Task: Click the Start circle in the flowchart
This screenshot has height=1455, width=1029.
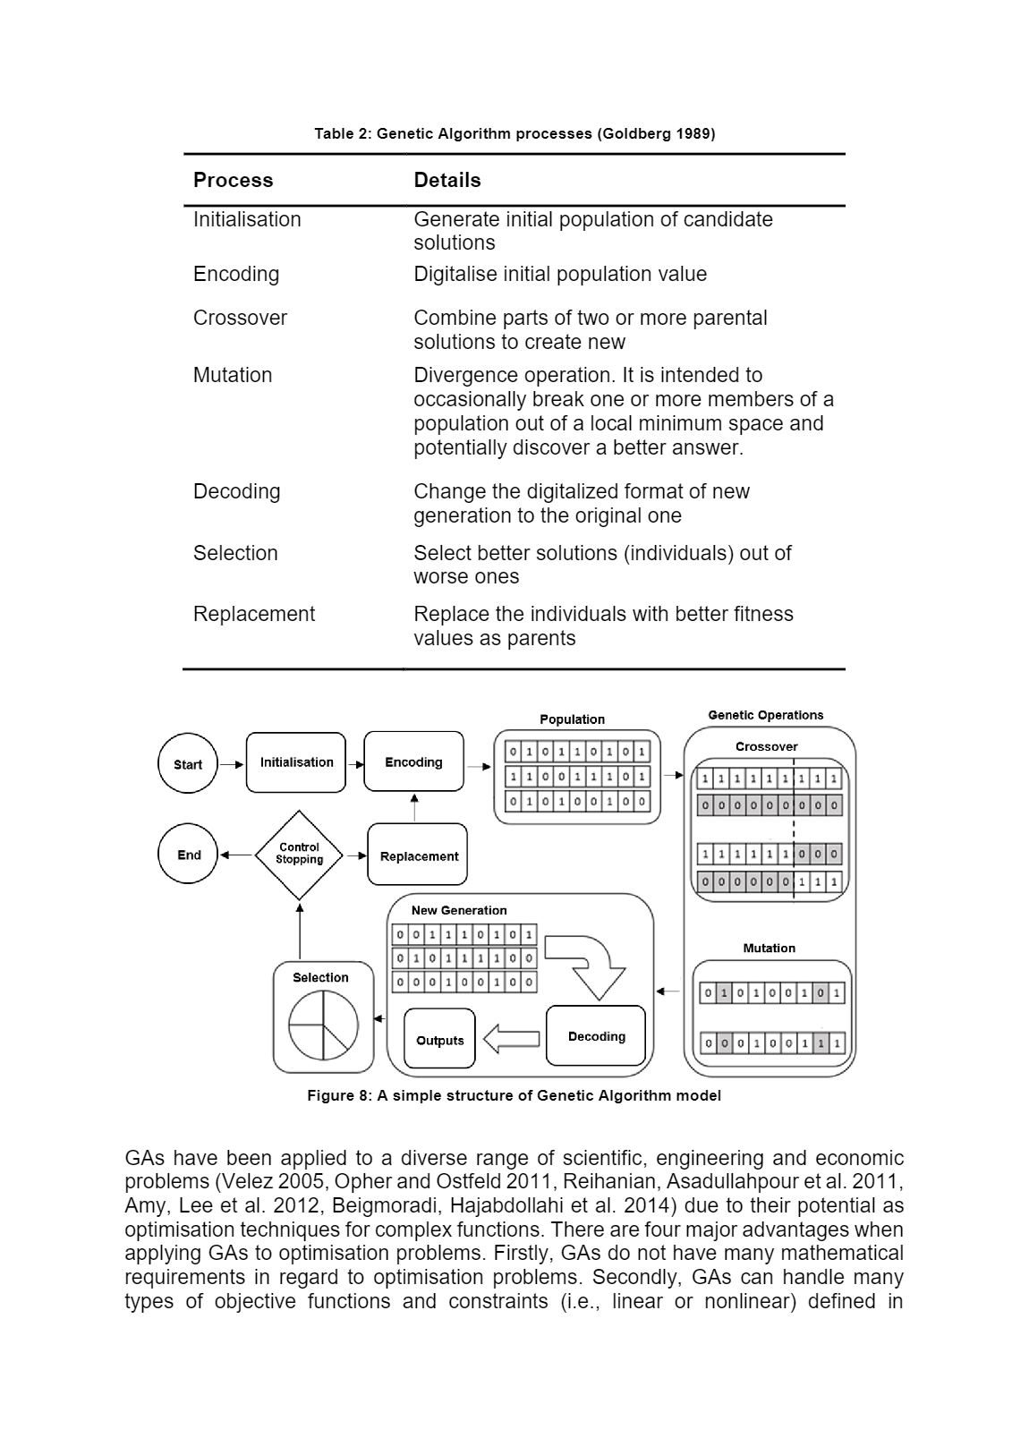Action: [x=188, y=764]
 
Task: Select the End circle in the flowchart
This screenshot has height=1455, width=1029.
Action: [x=188, y=855]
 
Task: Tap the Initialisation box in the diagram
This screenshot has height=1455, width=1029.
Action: [x=296, y=762]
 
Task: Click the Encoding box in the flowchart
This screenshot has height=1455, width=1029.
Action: [x=413, y=762]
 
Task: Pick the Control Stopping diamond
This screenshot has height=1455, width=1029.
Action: [x=299, y=855]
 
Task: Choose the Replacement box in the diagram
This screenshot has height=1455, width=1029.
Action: [x=418, y=856]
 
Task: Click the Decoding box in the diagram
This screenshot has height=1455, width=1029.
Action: [x=596, y=1036]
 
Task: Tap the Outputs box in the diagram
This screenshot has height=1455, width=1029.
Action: [x=439, y=1040]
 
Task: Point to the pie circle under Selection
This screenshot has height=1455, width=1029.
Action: [x=323, y=1025]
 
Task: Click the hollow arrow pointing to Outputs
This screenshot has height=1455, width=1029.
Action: [x=511, y=1039]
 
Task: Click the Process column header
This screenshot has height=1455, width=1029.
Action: [x=233, y=180]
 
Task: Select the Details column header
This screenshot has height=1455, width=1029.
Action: [x=447, y=180]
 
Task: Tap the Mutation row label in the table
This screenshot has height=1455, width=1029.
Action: [x=233, y=375]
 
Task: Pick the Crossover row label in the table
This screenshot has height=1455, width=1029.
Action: [x=240, y=318]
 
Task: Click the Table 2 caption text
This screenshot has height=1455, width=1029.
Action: [x=514, y=133]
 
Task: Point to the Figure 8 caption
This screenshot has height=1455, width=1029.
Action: [x=514, y=1095]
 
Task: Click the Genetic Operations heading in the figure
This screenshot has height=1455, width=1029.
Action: [x=765, y=715]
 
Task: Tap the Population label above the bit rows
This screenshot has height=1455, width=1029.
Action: [x=572, y=719]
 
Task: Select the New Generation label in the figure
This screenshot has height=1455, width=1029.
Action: [x=459, y=910]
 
